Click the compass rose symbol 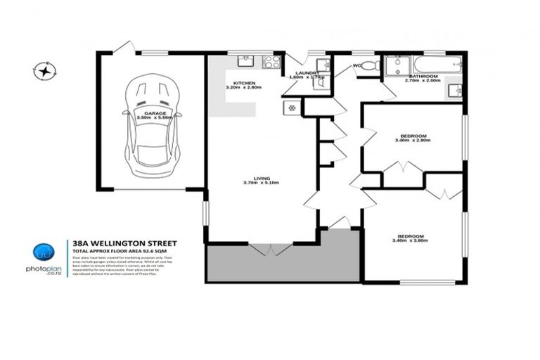point(45,70)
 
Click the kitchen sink point(246,62)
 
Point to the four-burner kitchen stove point(271,62)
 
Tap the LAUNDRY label point(308,72)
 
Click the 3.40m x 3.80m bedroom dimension point(412,240)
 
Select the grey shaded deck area point(281,265)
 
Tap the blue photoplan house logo point(44,252)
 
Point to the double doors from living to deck point(271,249)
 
